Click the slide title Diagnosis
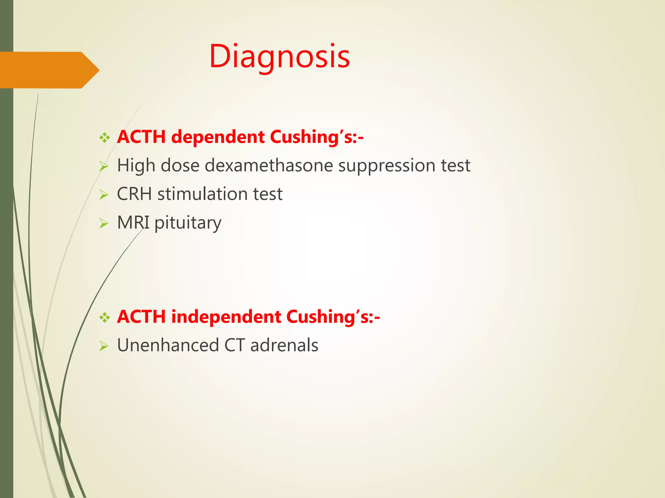pyautogui.click(x=280, y=57)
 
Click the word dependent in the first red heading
pyautogui.click(x=218, y=137)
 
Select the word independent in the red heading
pyautogui.click(x=226, y=317)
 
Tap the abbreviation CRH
pyautogui.click(x=134, y=194)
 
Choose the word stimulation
pyautogui.click(x=202, y=194)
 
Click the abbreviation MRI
pyautogui.click(x=133, y=223)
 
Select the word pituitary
pyautogui.click(x=188, y=223)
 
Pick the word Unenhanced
pyautogui.click(x=168, y=345)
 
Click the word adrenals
pyautogui.click(x=284, y=345)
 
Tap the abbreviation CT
pyautogui.click(x=234, y=345)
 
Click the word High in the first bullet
pyautogui.click(x=136, y=166)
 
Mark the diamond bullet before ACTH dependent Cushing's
pyautogui.click(x=105, y=138)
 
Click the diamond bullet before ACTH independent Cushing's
pyautogui.click(x=105, y=318)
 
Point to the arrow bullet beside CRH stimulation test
pyautogui.click(x=104, y=195)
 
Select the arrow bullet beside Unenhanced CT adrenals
pyautogui.click(x=104, y=346)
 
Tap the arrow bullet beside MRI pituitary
pyautogui.click(x=104, y=224)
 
